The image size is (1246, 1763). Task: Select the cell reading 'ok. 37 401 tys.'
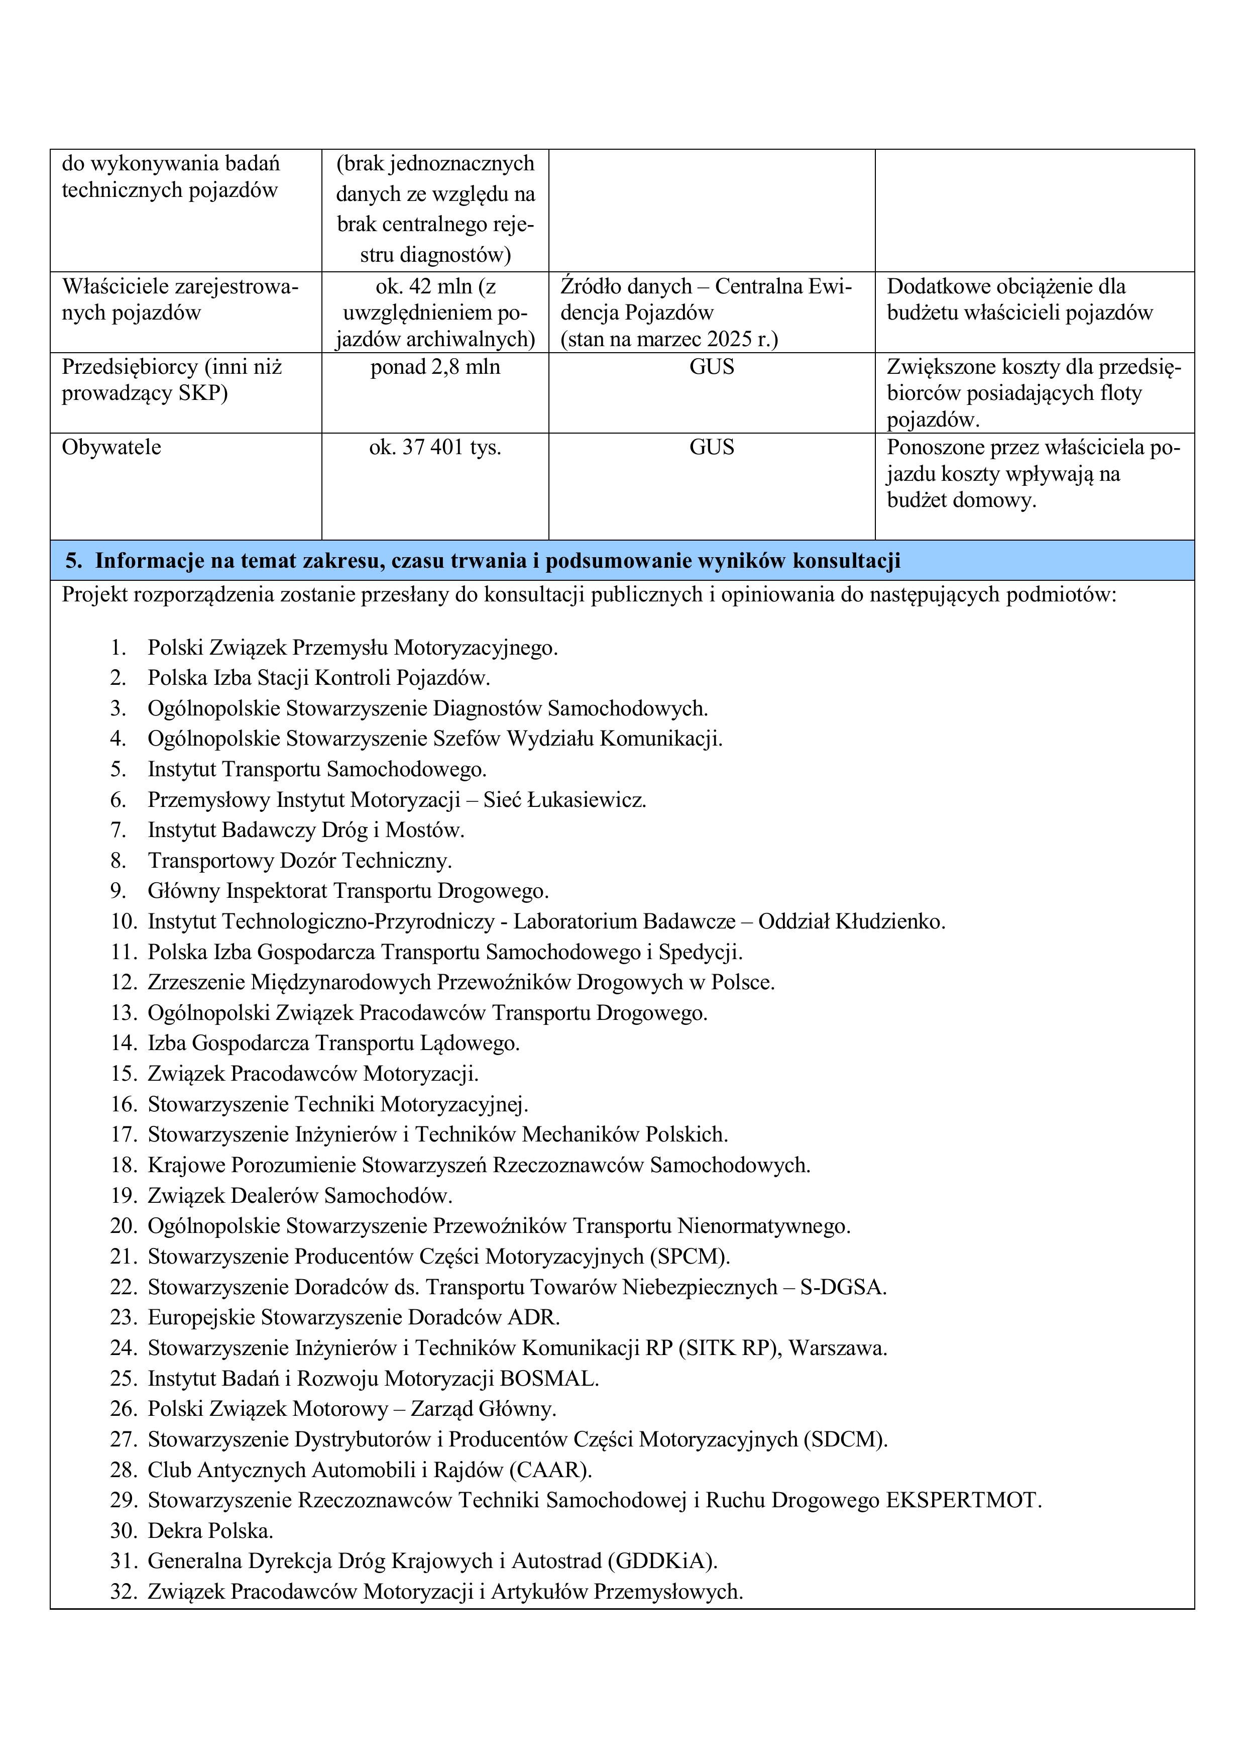434,447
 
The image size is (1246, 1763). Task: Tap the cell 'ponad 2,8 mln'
434,367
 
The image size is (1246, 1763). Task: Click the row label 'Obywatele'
111,447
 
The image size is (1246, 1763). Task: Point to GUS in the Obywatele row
711,447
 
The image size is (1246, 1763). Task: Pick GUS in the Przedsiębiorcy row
711,367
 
